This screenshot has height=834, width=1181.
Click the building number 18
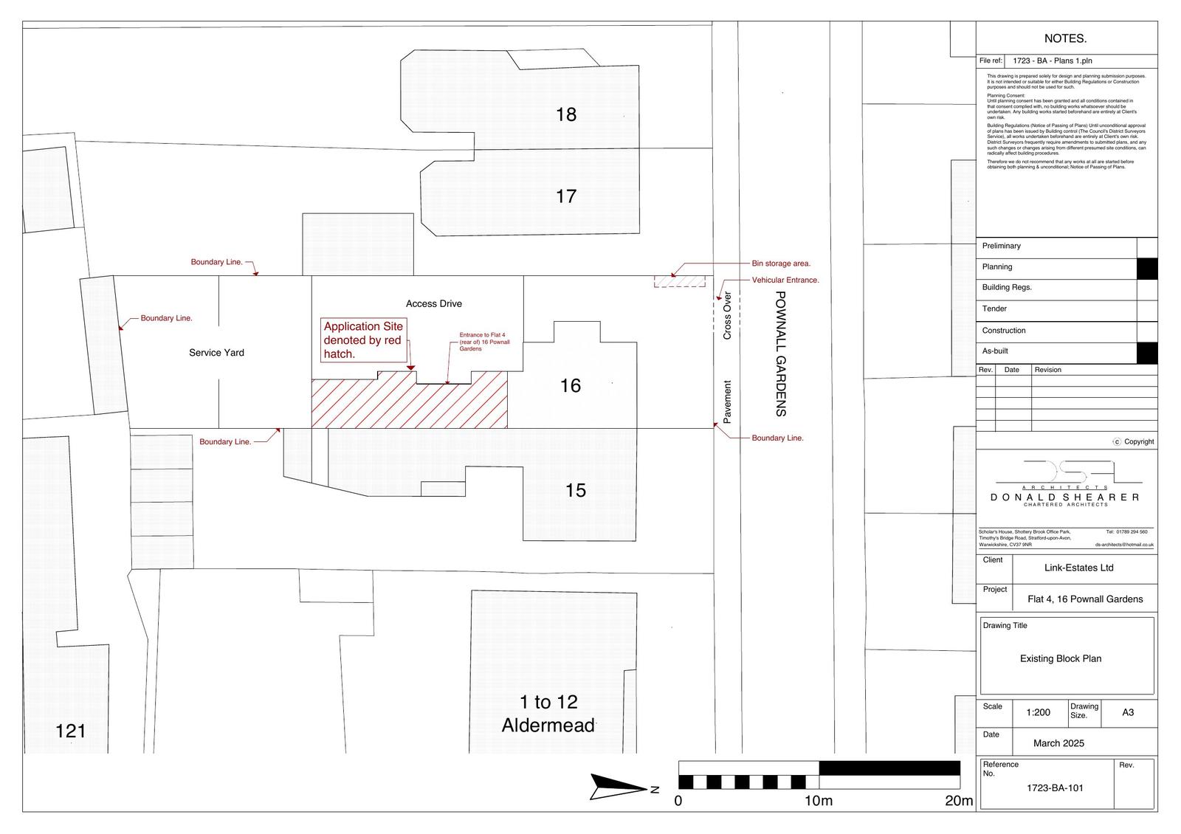click(x=566, y=114)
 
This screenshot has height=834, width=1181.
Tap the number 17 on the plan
click(x=566, y=196)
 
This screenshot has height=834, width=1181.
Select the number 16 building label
click(x=571, y=385)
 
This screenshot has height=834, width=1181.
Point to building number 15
click(x=576, y=490)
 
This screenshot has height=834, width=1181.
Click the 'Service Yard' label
click(x=216, y=353)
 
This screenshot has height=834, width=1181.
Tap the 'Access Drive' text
click(x=434, y=303)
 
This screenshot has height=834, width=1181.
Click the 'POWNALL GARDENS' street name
click(x=782, y=354)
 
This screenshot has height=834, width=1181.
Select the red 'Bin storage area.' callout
click(x=781, y=263)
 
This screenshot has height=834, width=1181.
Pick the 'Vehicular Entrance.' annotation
click(x=785, y=280)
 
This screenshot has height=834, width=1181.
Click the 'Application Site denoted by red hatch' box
click(x=363, y=340)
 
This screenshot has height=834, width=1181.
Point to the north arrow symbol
click(x=620, y=788)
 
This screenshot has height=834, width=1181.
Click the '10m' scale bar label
click(x=818, y=802)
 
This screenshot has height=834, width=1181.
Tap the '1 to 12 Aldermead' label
click(x=548, y=714)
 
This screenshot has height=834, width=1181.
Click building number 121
click(x=71, y=731)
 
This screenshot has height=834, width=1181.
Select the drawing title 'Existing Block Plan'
click(x=1061, y=659)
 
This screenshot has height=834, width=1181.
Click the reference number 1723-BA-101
click(x=1055, y=788)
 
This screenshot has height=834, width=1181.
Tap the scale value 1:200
click(x=1038, y=713)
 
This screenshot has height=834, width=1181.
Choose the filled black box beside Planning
click(x=1147, y=268)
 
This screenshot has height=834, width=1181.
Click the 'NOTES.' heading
click(x=1065, y=38)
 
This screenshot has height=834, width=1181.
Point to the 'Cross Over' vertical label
click(x=727, y=316)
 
